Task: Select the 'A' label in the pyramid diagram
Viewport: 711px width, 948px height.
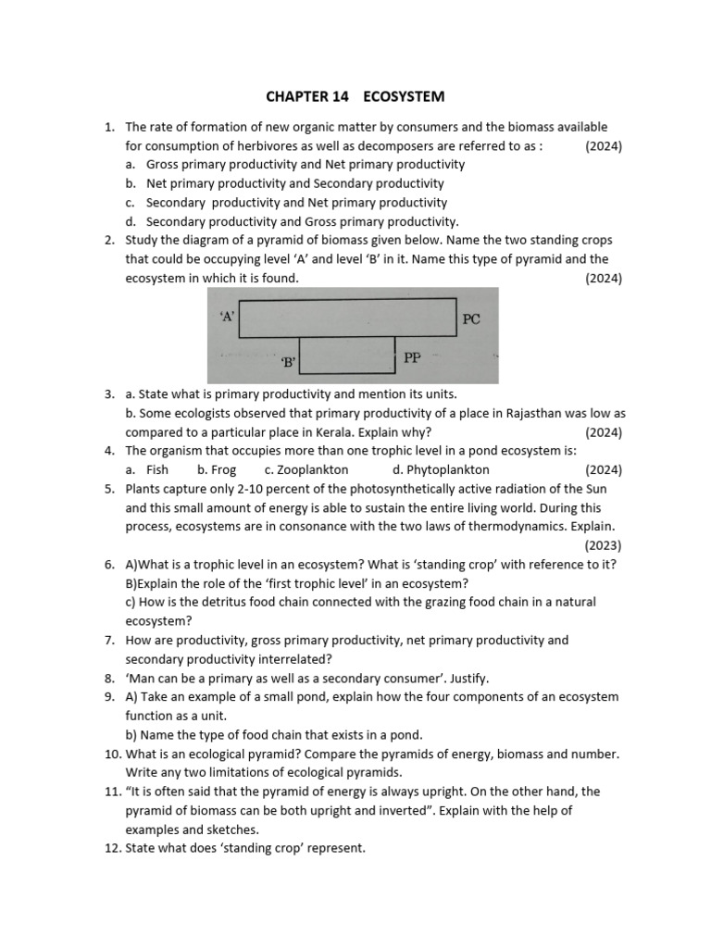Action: tap(228, 316)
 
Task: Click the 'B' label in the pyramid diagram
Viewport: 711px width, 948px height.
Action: tap(288, 363)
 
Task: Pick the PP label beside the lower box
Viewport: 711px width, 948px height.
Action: tap(414, 357)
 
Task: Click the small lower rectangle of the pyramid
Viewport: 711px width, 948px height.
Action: tap(347, 355)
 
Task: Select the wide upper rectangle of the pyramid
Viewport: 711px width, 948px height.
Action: tap(347, 317)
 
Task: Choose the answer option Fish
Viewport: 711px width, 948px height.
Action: tap(156, 469)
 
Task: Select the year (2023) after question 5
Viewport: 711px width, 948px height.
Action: tap(604, 545)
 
